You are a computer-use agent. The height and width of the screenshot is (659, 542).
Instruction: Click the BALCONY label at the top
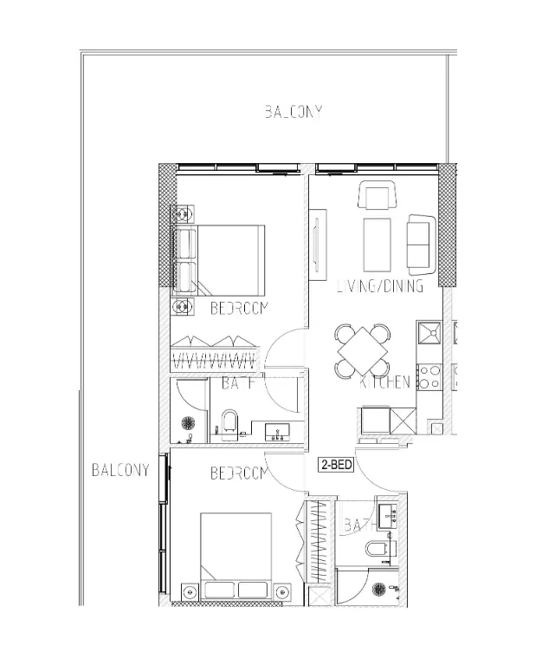point(294,112)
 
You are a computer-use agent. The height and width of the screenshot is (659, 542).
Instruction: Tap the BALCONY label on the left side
point(120,471)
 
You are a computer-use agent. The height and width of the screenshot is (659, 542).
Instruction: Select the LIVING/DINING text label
point(380,286)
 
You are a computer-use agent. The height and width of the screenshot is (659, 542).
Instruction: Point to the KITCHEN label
point(385,382)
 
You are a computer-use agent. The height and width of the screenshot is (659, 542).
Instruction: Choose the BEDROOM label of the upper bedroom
point(240,309)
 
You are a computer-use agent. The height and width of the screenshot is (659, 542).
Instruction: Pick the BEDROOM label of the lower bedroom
point(238,473)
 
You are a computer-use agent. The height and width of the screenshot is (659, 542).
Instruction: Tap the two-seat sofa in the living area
point(421,242)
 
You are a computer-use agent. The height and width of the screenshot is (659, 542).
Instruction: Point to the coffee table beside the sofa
point(377,245)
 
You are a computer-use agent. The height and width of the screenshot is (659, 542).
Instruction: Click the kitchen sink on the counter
point(429,332)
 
